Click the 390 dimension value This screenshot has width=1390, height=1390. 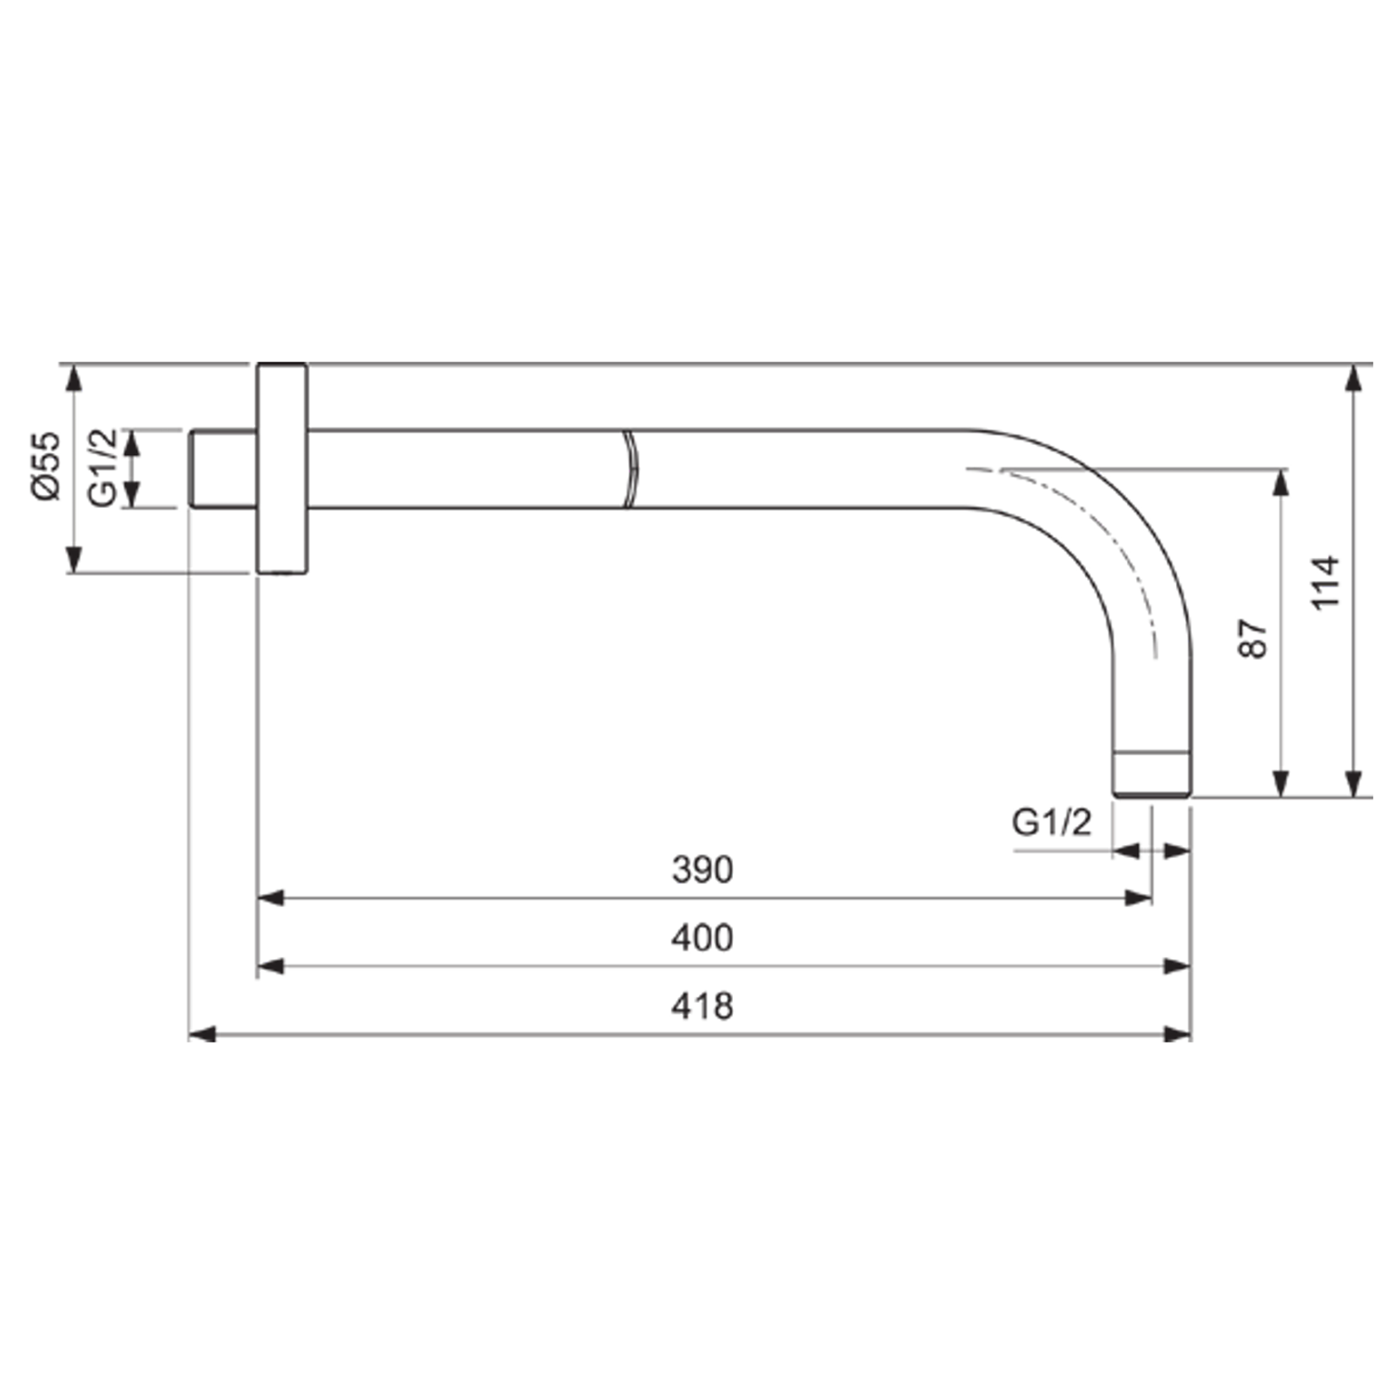(701, 869)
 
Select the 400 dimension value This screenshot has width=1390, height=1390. (701, 938)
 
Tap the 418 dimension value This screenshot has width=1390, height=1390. (701, 1005)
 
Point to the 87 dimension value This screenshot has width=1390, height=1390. (1252, 638)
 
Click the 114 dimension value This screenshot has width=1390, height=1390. (1326, 582)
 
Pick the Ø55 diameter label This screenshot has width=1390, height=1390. (45, 465)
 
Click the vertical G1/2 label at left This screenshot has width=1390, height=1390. (103, 467)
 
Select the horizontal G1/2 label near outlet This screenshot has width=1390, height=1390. (1051, 822)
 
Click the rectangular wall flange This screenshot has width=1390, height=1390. (282, 468)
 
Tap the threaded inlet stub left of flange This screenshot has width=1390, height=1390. (222, 468)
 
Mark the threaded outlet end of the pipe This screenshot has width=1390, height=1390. (1151, 774)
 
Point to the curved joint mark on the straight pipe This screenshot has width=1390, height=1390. (630, 468)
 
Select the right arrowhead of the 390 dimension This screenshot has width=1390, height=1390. (1139, 898)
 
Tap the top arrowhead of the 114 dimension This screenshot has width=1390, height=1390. (1355, 378)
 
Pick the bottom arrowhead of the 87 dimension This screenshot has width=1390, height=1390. (1281, 784)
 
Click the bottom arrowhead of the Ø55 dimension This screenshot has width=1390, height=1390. (74, 560)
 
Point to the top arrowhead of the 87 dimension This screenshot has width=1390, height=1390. (1281, 482)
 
